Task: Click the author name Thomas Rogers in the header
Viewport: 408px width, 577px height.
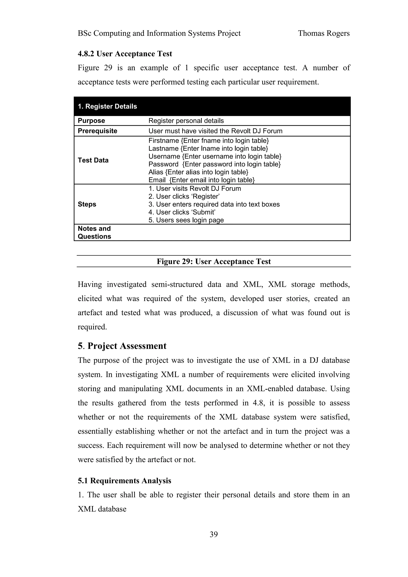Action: click(x=324, y=33)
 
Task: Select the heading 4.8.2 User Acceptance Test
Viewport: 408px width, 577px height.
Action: click(x=125, y=54)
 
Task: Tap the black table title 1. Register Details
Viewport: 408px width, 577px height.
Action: click(x=107, y=106)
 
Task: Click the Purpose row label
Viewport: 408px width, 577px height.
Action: click(x=91, y=121)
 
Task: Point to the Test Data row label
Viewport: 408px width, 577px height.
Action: click(x=93, y=160)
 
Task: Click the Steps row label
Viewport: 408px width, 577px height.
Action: click(x=87, y=204)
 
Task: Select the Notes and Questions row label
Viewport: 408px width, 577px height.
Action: click(x=94, y=233)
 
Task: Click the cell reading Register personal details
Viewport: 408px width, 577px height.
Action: click(x=186, y=121)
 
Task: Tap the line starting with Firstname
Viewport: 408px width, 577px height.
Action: click(x=209, y=141)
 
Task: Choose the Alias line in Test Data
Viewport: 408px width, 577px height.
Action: click(x=198, y=172)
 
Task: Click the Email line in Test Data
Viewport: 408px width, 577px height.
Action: click(x=201, y=180)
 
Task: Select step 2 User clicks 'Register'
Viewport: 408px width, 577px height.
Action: click(x=184, y=196)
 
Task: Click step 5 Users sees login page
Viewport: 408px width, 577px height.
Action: click(x=186, y=220)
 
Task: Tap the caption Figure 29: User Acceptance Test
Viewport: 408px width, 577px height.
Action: click(x=214, y=261)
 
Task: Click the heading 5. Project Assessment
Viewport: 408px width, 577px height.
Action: click(x=122, y=346)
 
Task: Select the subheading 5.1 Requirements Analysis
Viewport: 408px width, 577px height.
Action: click(x=125, y=481)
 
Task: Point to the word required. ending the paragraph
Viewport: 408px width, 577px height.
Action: click(x=92, y=327)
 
